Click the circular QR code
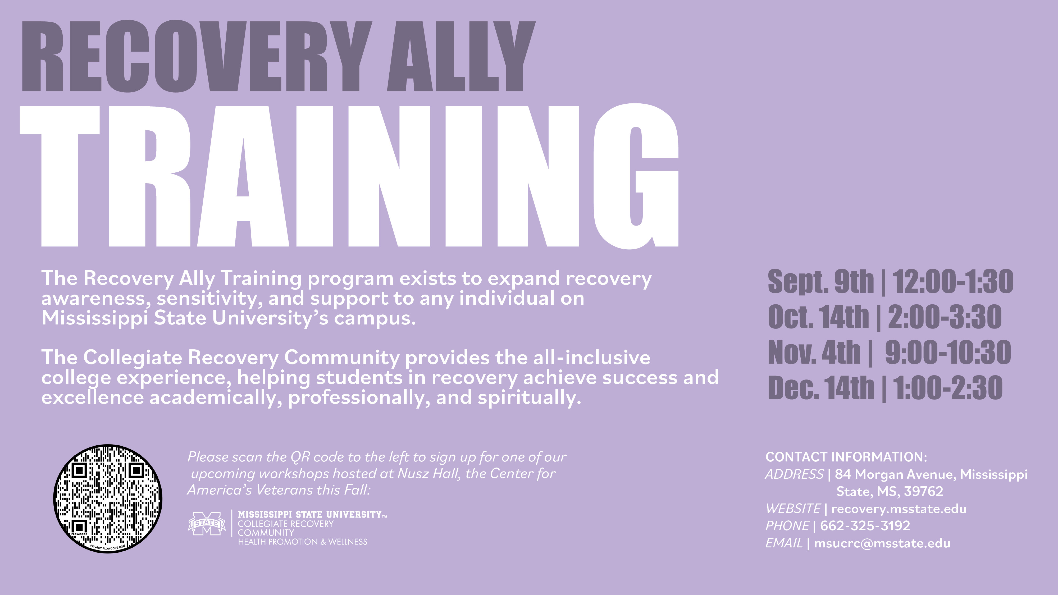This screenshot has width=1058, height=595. (x=108, y=498)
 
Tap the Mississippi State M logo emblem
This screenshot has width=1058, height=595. (x=207, y=524)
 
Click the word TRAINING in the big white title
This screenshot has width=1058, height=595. (x=349, y=177)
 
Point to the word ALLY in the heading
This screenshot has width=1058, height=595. (x=461, y=57)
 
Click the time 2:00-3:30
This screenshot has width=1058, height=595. (x=945, y=317)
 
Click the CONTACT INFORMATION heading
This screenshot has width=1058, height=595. (x=846, y=457)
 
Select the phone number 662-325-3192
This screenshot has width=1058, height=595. (x=865, y=526)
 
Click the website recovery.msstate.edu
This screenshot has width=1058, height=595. (x=899, y=509)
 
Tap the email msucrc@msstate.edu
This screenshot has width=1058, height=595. (x=882, y=543)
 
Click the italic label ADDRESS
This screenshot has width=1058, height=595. (x=794, y=474)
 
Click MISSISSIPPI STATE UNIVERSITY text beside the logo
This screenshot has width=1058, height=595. (x=310, y=515)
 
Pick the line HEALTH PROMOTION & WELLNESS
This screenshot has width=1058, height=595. (x=303, y=542)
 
